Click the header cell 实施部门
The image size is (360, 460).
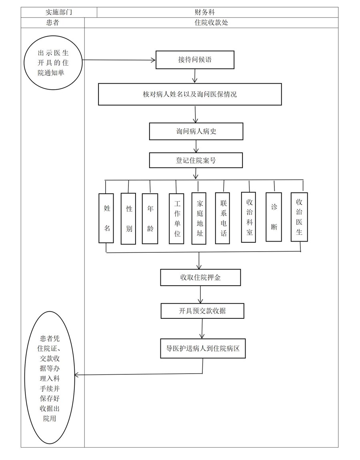pos(59,12)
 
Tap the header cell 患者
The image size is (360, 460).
pos(52,23)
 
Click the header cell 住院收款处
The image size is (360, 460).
pos(211,23)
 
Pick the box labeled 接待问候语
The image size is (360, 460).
pos(195,60)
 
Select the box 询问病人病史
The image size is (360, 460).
pos(196,131)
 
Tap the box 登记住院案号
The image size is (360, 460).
pos(196,160)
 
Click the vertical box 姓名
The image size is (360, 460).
pos(107,218)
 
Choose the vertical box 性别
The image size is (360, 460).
pos(128,218)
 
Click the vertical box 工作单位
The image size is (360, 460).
pos(176,219)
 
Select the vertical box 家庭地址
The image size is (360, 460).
pos(199,218)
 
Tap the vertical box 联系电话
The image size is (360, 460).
pos(223,218)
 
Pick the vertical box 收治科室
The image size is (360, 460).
pos(249,217)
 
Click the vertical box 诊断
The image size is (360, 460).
pos(274,217)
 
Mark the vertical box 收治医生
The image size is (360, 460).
pos(299,217)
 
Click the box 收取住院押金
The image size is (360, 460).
pos(200,277)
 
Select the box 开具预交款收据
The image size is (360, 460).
pos(202,310)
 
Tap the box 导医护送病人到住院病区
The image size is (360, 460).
pos(203,348)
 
